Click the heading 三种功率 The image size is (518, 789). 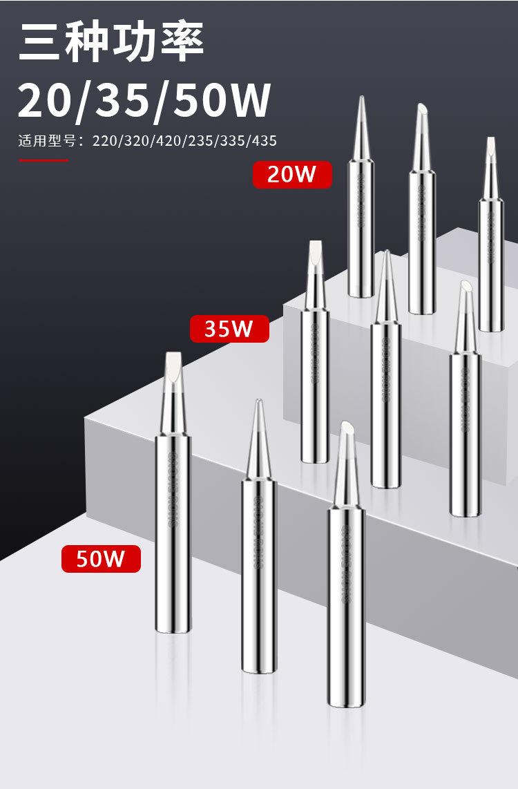[x=111, y=43]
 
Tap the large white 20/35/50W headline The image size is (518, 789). [x=144, y=100]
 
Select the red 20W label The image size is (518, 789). [x=291, y=174]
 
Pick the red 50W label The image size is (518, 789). [x=101, y=558]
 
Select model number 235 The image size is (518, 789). [x=198, y=141]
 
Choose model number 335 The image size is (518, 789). [x=229, y=141]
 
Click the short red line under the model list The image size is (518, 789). [x=43, y=160]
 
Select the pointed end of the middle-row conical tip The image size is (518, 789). [x=386, y=255]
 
